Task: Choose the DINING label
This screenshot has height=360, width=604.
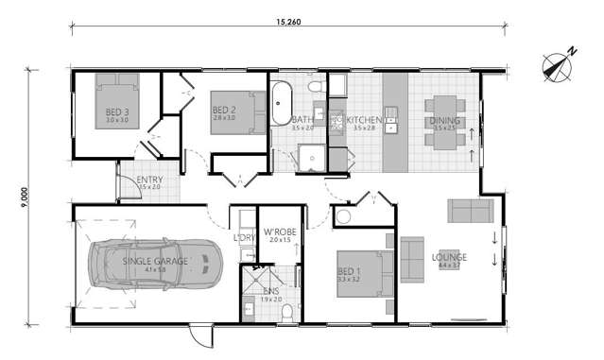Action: [444, 121]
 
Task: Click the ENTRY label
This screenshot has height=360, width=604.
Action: [148, 180]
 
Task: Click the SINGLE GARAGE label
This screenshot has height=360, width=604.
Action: [154, 260]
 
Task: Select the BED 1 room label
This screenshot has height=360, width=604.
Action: [349, 271]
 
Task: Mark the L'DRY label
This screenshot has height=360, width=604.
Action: [244, 238]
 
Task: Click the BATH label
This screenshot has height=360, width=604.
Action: [302, 120]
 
